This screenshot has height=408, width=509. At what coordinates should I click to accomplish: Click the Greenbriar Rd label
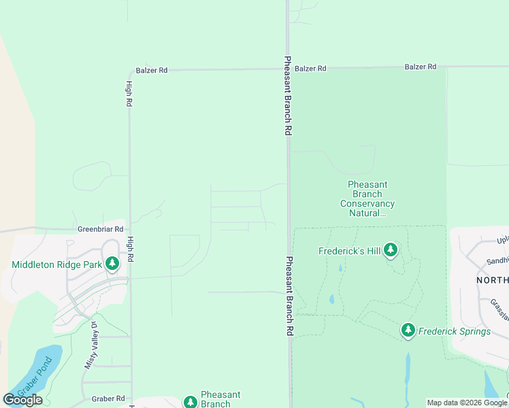point(100,230)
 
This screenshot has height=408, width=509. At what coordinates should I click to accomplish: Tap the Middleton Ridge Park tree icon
point(112,263)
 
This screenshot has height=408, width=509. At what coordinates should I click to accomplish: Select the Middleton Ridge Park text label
point(56,264)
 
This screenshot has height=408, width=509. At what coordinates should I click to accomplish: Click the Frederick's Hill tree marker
point(390,250)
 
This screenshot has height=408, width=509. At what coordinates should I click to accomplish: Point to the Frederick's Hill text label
point(350,251)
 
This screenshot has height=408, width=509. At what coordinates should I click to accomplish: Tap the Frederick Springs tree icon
point(408,330)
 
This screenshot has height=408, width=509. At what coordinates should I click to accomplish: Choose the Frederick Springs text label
point(454,332)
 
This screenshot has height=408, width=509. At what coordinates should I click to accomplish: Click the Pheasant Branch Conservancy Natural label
point(367,199)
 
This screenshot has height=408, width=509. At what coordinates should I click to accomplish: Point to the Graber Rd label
point(110,398)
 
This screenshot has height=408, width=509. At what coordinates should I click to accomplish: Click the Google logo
point(22,400)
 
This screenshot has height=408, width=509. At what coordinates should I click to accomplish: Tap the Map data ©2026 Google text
point(466,403)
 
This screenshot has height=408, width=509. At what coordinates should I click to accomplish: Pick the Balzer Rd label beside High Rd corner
point(152,70)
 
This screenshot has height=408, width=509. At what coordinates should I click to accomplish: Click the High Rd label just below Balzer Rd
point(129,94)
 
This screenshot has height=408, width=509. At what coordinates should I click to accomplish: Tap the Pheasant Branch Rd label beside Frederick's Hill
point(289,295)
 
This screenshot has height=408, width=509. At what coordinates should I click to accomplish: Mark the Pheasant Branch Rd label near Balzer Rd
point(289,95)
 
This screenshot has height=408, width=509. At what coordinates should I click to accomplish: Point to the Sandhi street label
point(497,260)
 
